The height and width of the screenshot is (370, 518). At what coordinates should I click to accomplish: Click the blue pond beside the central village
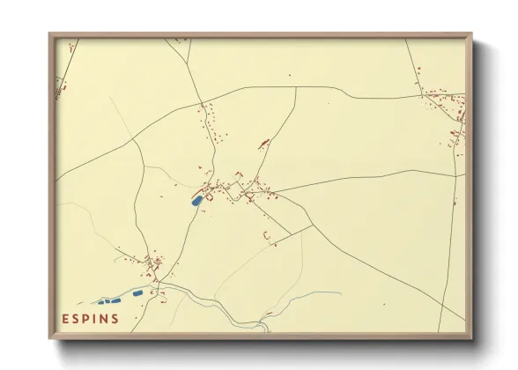click(x=196, y=201)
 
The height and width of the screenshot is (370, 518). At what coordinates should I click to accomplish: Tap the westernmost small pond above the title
click(x=101, y=302)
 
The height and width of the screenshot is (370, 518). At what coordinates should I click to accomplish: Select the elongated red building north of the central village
click(x=262, y=144)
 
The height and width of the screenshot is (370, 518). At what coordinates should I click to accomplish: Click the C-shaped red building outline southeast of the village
click(x=266, y=235)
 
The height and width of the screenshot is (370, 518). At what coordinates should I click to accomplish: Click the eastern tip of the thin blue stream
click(x=340, y=293)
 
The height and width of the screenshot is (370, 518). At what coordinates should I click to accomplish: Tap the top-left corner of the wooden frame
click(x=50, y=35)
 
